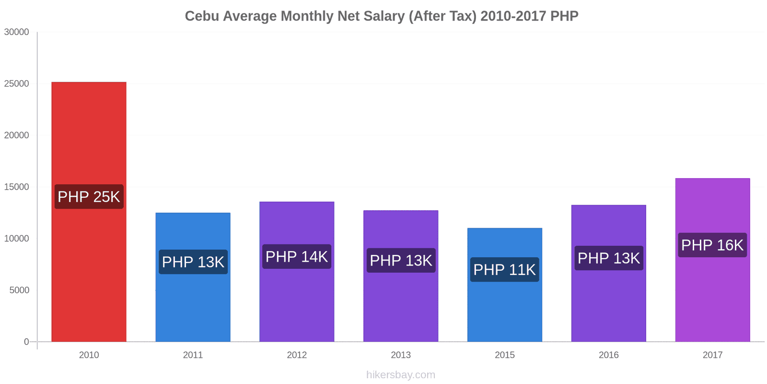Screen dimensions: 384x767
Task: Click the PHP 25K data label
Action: (x=89, y=197)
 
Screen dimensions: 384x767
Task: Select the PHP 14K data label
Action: (x=297, y=257)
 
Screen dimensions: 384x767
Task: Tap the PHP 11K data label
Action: (x=505, y=270)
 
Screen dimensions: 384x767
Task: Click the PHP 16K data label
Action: (x=712, y=245)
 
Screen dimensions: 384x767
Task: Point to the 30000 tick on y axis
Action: (x=17, y=32)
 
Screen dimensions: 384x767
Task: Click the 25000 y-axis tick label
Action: (x=17, y=84)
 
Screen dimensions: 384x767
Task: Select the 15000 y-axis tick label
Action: (x=17, y=187)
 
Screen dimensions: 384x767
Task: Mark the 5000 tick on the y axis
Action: (x=19, y=290)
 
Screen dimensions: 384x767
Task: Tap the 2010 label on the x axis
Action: (x=89, y=355)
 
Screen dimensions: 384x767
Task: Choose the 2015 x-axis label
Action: (x=505, y=355)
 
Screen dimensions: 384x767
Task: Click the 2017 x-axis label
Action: (x=712, y=355)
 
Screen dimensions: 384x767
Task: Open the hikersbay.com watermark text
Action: (x=401, y=375)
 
